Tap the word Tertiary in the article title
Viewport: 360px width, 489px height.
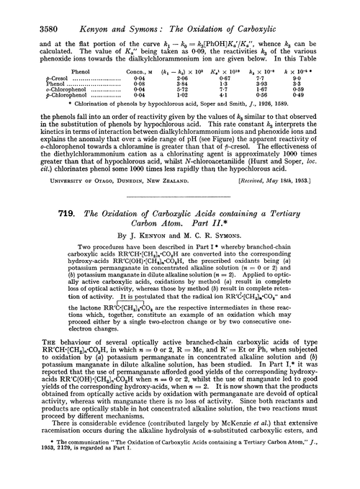tap(284, 223)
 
